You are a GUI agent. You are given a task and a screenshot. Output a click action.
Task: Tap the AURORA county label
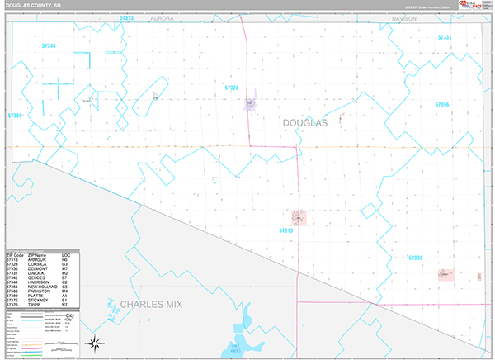pos(163,17)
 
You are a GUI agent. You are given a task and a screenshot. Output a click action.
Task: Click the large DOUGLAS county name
pos(305,122)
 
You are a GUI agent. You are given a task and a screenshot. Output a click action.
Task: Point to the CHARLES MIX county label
pos(148,305)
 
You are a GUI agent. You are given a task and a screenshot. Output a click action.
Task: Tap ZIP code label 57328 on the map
pos(232,87)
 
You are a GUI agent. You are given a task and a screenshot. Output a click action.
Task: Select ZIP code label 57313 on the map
pos(286,231)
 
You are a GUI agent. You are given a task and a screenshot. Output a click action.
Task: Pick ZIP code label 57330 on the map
pos(415,258)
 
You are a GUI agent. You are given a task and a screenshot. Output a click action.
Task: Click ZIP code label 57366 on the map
pos(442,105)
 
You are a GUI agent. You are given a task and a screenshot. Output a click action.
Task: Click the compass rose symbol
pos(96,343)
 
